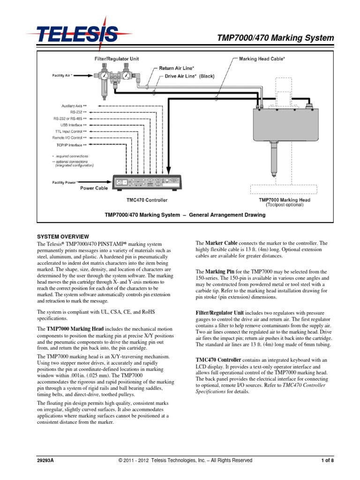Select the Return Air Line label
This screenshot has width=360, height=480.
(x=176, y=68)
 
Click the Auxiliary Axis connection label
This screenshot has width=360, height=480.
(x=74, y=106)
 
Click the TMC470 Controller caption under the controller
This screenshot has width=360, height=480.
(x=147, y=200)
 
